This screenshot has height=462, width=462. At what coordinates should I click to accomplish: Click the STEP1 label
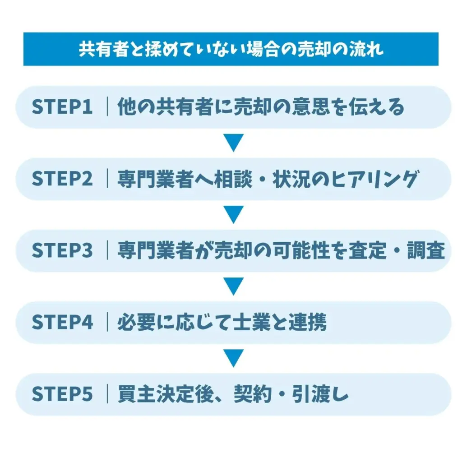click(x=62, y=107)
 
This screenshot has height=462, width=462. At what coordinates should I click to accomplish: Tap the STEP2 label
click(x=62, y=179)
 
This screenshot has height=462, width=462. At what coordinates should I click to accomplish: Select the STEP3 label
click(x=62, y=251)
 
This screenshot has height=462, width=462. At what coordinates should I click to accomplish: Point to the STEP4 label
click(x=62, y=323)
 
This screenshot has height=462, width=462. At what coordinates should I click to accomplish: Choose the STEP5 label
click(x=62, y=394)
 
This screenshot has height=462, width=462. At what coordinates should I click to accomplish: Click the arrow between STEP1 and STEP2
click(x=234, y=143)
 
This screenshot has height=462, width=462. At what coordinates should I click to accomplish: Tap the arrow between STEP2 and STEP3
click(x=234, y=215)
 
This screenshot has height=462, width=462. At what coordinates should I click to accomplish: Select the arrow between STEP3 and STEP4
click(x=234, y=286)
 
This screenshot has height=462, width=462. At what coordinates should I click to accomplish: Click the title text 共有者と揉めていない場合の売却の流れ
click(x=231, y=49)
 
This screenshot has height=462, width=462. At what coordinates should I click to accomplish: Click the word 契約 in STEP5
click(x=252, y=394)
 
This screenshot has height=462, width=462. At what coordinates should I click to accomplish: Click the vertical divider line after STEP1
click(x=107, y=107)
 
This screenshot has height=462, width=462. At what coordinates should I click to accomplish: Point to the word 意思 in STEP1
click(x=311, y=107)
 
